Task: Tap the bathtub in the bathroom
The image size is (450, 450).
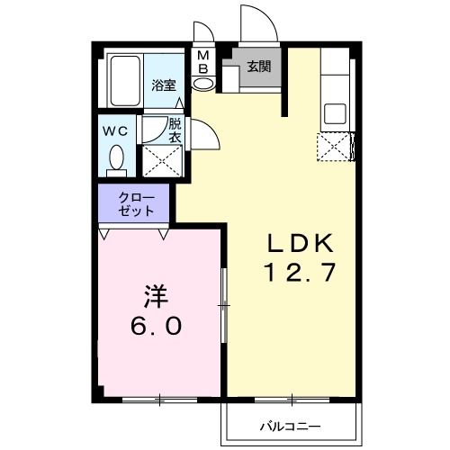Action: tap(123, 82)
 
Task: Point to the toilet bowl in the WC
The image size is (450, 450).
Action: tap(114, 160)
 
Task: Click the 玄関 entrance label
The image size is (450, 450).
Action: tap(258, 66)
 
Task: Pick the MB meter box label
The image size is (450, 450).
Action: tap(203, 62)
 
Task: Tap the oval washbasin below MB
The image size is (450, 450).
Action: tap(204, 84)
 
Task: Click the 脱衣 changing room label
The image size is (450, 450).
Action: tap(175, 131)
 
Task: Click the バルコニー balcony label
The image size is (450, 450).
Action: tap(292, 424)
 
